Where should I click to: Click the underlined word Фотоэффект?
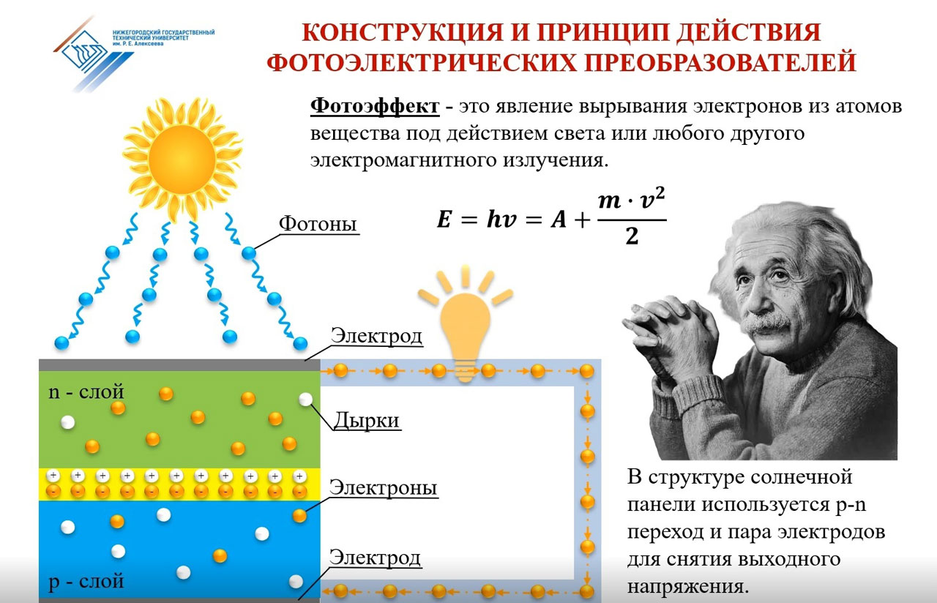click(x=375, y=107)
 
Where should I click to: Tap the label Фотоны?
click(x=318, y=224)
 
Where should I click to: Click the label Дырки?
click(x=367, y=420)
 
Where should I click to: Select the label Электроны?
click(x=383, y=487)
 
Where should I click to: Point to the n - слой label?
click(x=86, y=392)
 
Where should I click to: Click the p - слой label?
click(x=86, y=582)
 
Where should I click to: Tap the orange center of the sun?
click(x=182, y=160)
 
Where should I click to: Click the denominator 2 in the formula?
click(x=632, y=236)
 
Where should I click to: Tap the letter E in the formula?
click(x=444, y=219)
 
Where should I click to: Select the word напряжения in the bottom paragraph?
click(x=687, y=587)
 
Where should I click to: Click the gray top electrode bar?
click(x=179, y=364)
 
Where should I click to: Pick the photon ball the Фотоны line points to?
click(x=248, y=253)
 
